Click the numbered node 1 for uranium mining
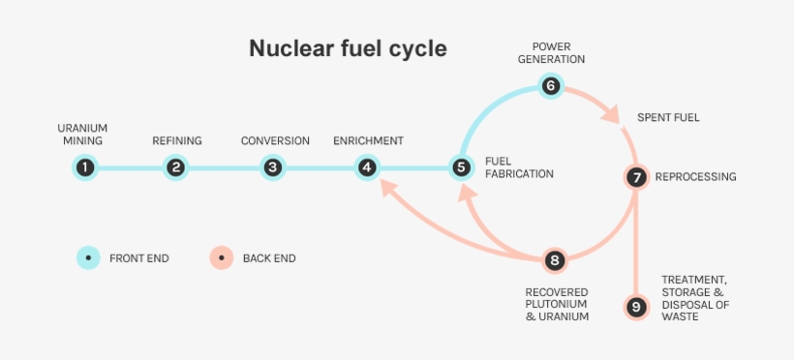click(x=86, y=167)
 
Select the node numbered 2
click(x=175, y=167)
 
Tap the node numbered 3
click(x=273, y=167)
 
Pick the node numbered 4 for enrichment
click(x=367, y=167)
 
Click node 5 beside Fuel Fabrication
click(x=462, y=167)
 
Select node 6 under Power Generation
click(x=551, y=86)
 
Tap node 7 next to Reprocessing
click(x=635, y=177)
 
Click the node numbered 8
click(x=554, y=259)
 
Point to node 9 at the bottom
click(x=635, y=308)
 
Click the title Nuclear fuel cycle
click(x=348, y=48)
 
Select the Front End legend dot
click(x=88, y=258)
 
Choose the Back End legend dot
click(x=221, y=258)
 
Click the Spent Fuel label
click(x=668, y=118)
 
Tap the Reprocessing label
click(x=695, y=177)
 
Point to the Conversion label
click(x=275, y=141)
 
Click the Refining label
click(x=177, y=141)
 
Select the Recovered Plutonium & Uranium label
click(x=557, y=304)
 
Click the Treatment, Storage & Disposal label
click(x=694, y=298)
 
